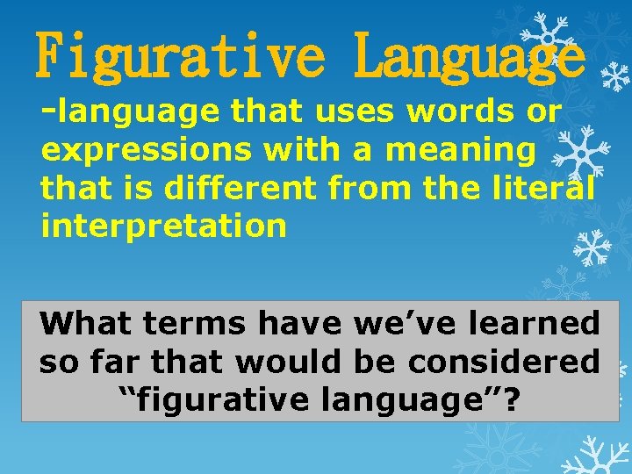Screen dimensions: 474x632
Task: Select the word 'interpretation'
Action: [x=163, y=226]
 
